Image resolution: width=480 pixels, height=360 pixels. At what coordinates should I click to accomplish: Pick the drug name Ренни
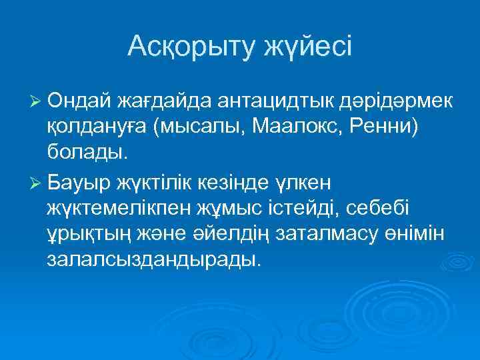click(x=396, y=127)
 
